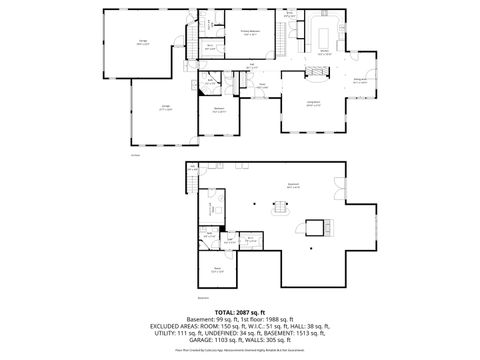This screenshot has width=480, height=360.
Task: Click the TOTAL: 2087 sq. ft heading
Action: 240,312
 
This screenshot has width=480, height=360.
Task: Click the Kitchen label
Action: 326,52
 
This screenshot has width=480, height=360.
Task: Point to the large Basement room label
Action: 293,186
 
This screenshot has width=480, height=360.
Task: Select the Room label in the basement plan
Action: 216,270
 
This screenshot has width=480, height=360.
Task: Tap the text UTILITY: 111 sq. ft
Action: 181,333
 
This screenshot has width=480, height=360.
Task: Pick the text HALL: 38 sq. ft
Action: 310,326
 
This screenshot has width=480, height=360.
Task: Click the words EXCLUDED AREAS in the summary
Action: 176,326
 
